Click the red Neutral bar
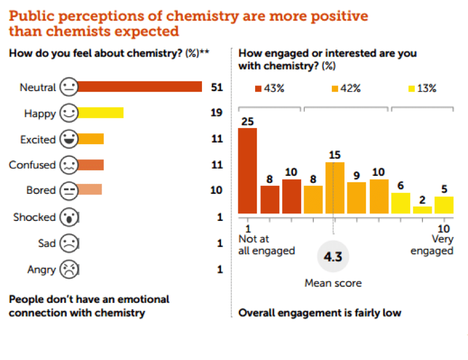(139, 87)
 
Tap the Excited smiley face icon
(69, 139)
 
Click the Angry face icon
(69, 269)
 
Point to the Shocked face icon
(69, 217)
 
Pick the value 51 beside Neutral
(217, 87)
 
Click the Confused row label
(32, 165)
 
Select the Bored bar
(89, 190)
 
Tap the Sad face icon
(69, 243)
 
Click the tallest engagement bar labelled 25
(248, 171)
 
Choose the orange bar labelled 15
(335, 188)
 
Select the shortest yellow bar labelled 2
(422, 210)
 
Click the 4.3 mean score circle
(333, 257)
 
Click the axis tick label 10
(444, 228)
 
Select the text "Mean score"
(333, 283)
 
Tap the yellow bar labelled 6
(400, 203)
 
